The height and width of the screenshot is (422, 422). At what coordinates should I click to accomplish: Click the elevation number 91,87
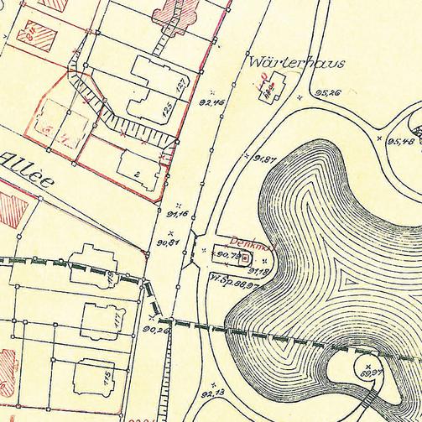tap(265, 158)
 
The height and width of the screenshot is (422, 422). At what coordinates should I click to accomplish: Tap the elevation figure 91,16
tap(178, 214)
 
